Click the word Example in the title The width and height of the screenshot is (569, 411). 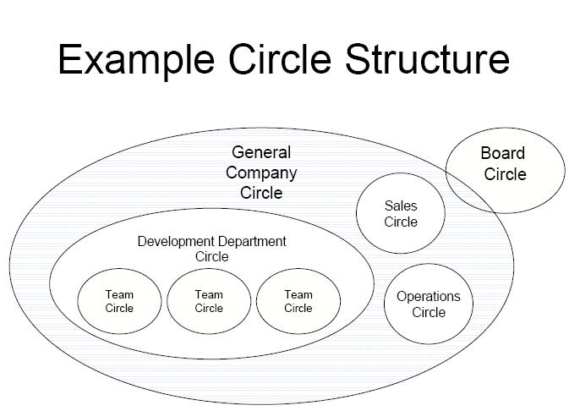136,60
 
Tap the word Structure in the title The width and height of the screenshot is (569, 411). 427,59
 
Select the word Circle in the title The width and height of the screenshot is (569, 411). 280,59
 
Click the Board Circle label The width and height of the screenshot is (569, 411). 504,163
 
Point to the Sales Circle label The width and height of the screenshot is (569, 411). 401,214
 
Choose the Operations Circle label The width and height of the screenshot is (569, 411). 429,304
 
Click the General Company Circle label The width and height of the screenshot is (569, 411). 261,173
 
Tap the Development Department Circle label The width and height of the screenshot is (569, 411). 212,249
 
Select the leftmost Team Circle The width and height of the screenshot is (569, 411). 119,301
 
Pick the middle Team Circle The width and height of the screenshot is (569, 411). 209,301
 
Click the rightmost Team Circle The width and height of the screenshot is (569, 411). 298,301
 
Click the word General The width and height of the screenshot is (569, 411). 261,152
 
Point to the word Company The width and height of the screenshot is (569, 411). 261,173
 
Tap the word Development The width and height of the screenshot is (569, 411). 176,242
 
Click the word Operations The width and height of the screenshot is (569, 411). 429,297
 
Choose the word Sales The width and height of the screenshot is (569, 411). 401,205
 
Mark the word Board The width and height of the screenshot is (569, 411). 502,153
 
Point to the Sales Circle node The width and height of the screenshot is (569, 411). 401,213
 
